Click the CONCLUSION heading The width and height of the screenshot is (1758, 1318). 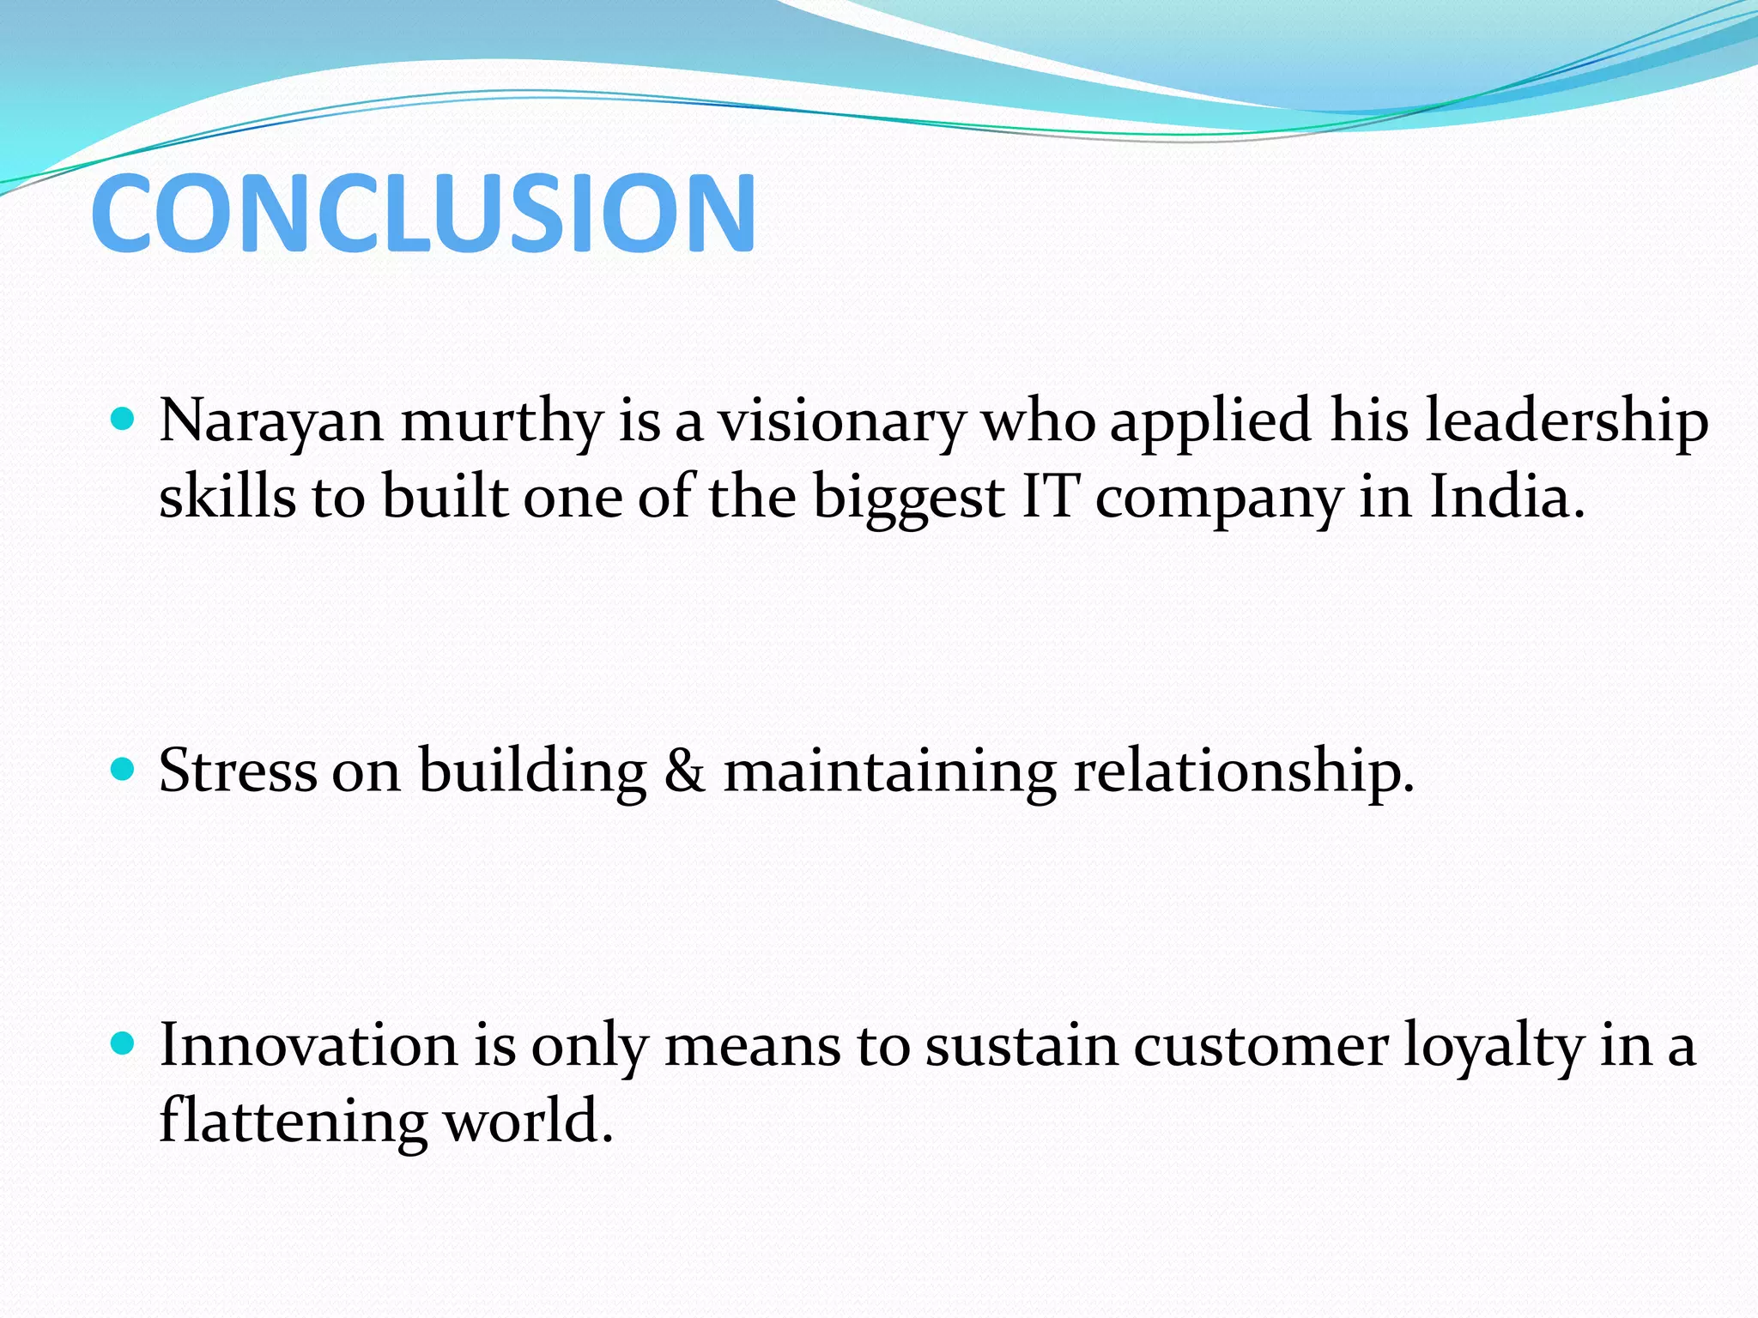[423, 213]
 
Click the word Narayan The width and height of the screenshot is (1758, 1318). [271, 422]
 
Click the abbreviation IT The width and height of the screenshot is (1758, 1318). [1049, 497]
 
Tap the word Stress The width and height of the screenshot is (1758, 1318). [238, 770]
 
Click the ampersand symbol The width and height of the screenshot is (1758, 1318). [684, 770]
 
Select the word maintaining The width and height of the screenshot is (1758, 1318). [890, 771]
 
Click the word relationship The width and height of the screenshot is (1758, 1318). [1244, 771]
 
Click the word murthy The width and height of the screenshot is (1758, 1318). [502, 422]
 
